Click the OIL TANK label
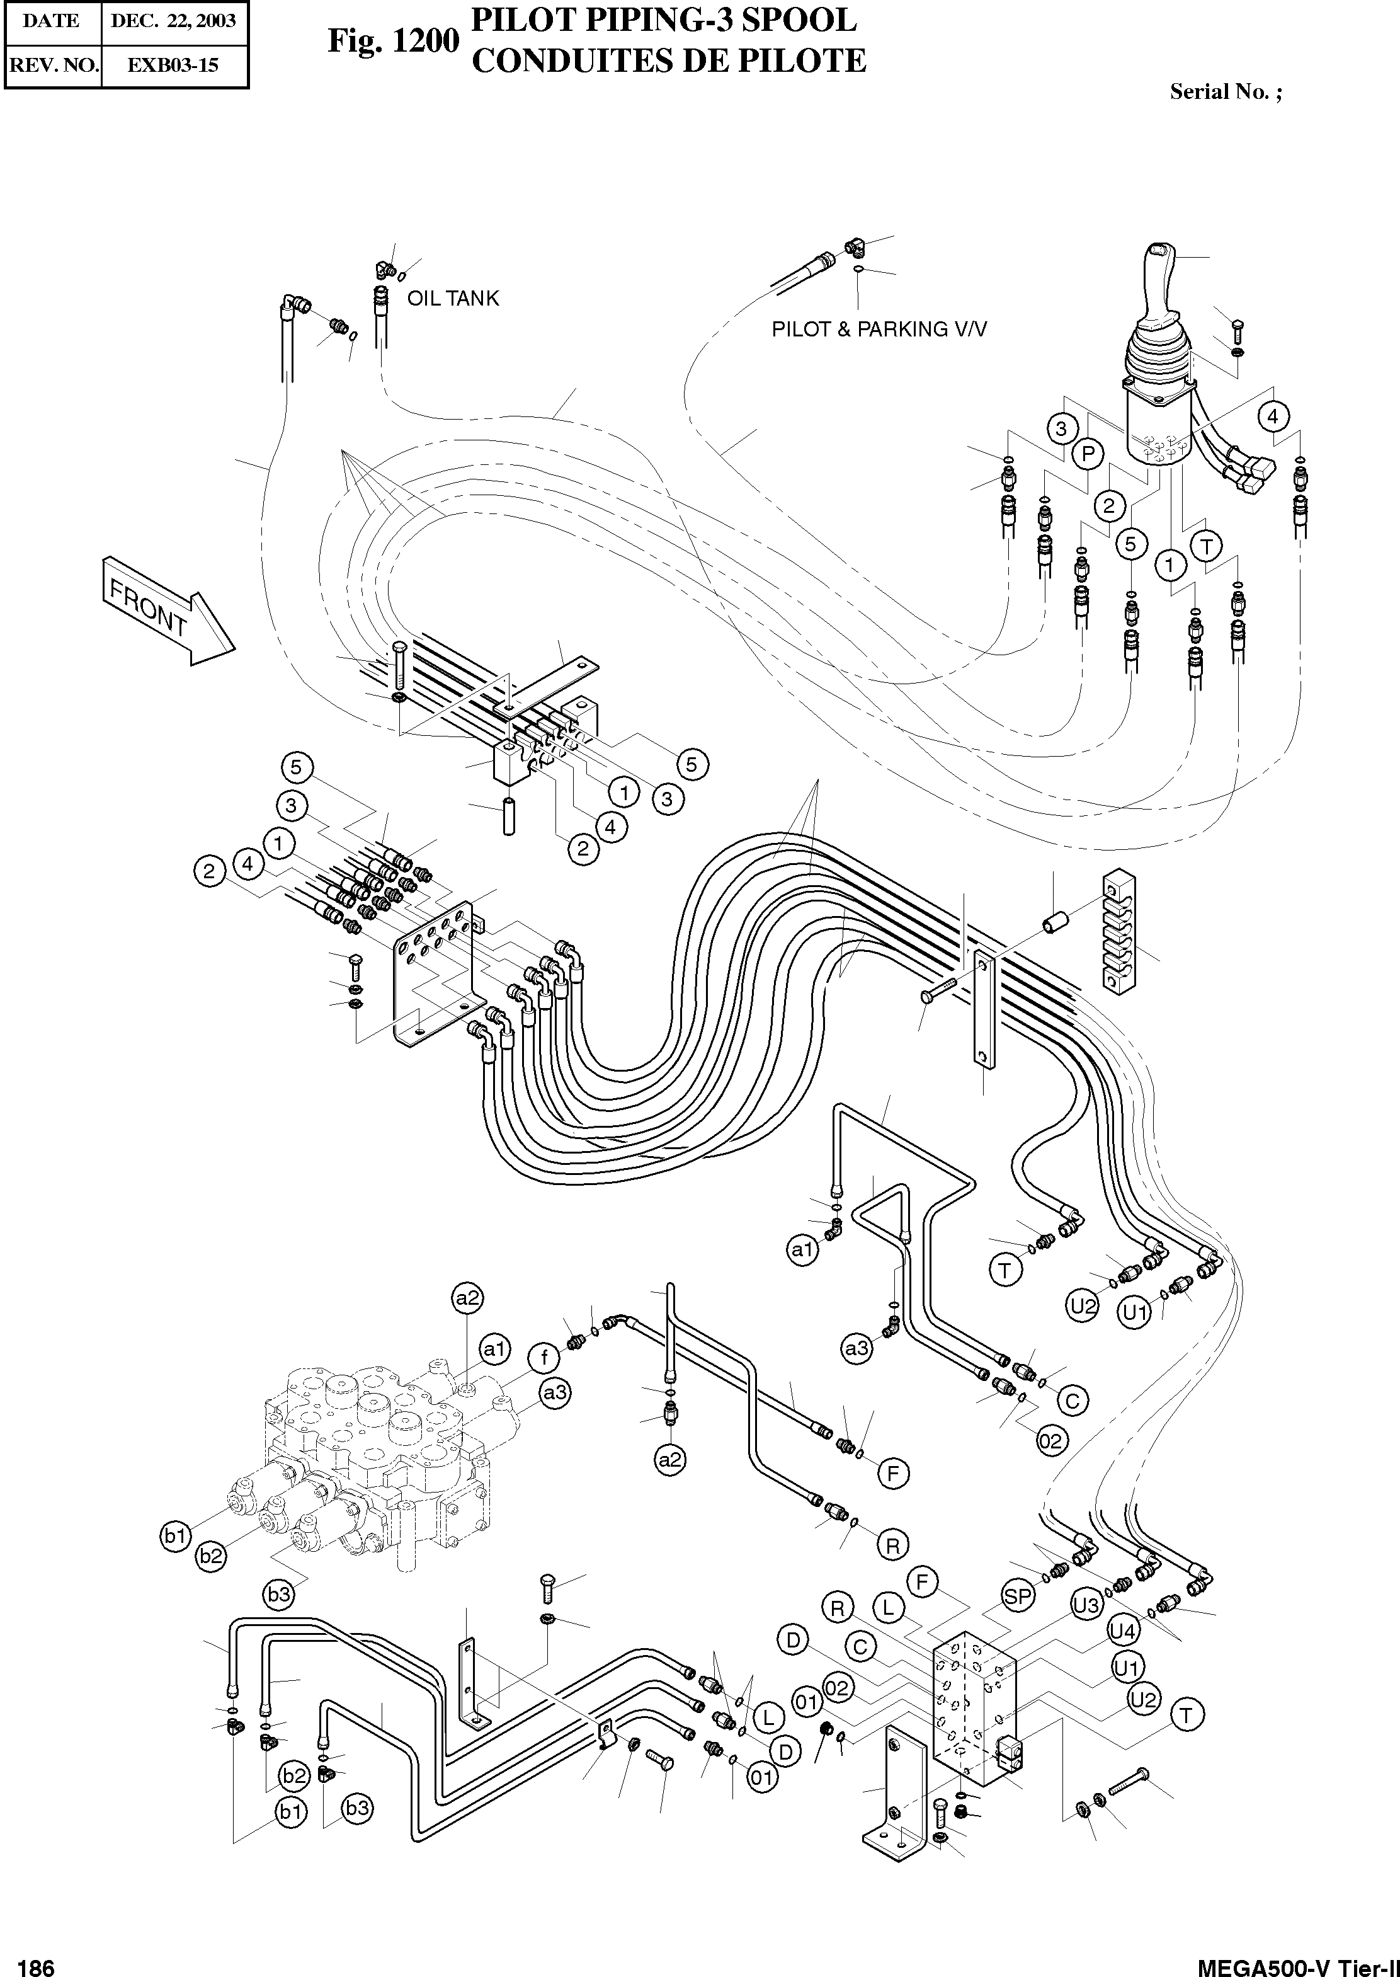pyautogui.click(x=453, y=299)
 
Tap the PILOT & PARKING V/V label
pyautogui.click(x=879, y=329)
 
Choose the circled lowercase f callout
pyautogui.click(x=544, y=1359)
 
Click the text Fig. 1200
pyautogui.click(x=392, y=40)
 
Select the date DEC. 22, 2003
pyautogui.click(x=173, y=21)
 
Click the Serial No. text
pyautogui.click(x=1225, y=92)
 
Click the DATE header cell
pyautogui.click(x=52, y=21)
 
